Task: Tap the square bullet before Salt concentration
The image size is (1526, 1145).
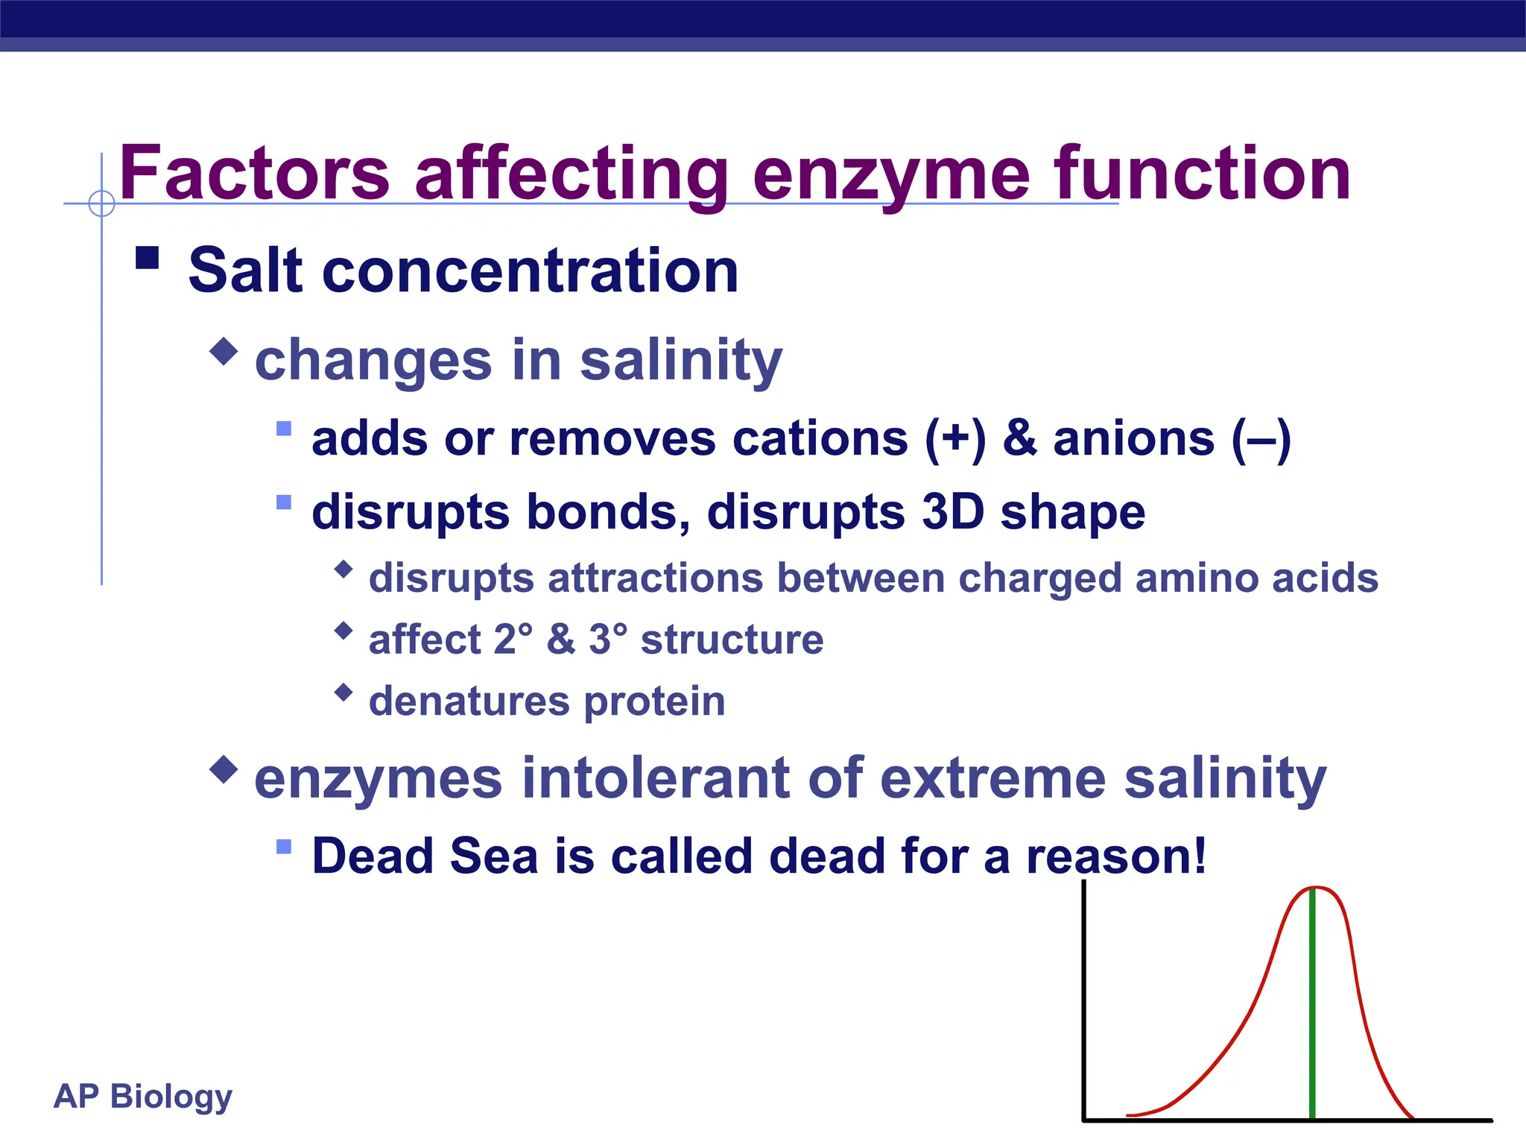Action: (x=148, y=258)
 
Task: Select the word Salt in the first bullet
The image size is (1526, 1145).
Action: (x=246, y=271)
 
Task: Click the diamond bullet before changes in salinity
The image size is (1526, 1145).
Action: (x=224, y=350)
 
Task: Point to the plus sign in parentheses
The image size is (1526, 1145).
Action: (x=955, y=438)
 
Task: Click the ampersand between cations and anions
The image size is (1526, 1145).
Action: (x=1019, y=438)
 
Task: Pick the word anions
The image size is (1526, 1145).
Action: (x=1133, y=438)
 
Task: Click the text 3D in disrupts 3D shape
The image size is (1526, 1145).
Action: (x=952, y=512)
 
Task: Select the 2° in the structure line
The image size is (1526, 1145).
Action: (x=513, y=640)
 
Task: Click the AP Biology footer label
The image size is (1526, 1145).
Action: (x=143, y=1097)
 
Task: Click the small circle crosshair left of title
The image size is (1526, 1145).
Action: (x=101, y=203)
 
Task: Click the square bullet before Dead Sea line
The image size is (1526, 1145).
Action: (x=283, y=846)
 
